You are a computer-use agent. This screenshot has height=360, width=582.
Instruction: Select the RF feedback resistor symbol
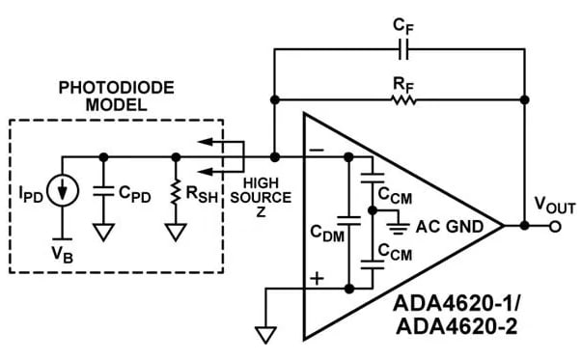pos(401,98)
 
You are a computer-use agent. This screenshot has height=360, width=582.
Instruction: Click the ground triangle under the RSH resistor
pos(175,233)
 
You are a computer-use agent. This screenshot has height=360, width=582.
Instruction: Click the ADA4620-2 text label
pos(453,326)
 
